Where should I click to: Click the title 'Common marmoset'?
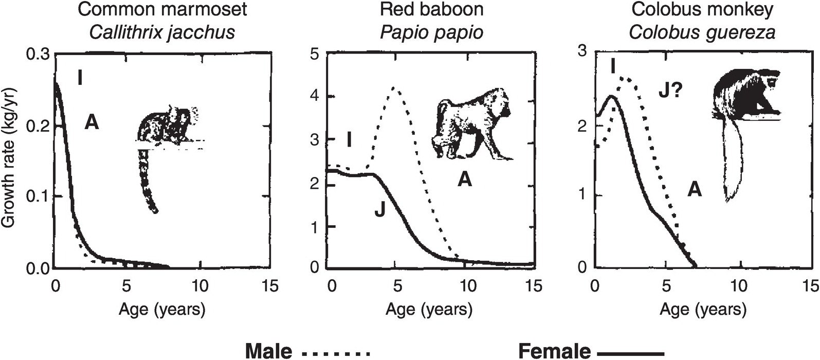pos(162,9)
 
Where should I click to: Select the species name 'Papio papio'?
pos(432,32)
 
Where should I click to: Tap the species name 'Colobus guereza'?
pos(702,32)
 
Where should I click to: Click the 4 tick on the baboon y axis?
pos(315,97)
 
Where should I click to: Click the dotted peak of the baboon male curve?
pos(394,88)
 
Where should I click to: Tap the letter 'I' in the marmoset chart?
pos(80,78)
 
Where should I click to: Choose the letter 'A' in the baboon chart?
pos(465,179)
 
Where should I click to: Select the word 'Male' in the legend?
pos(269,351)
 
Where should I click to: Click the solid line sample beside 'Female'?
pos(631,353)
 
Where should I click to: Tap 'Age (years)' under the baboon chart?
pos(429,309)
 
